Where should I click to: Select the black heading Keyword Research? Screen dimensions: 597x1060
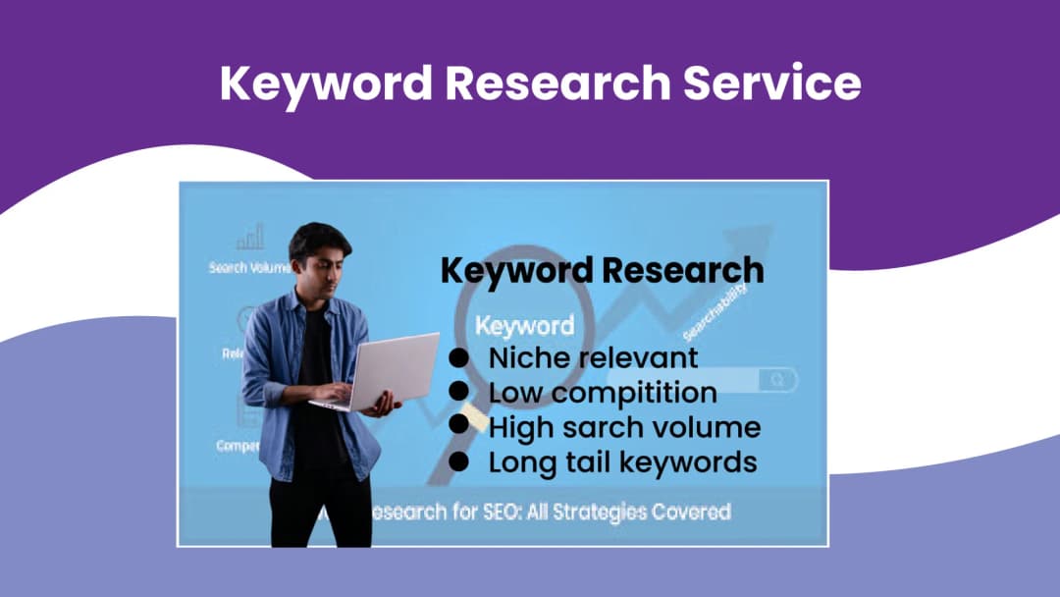click(x=602, y=270)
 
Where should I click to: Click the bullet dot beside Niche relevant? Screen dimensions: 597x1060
click(x=458, y=355)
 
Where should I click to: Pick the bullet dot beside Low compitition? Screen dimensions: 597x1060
click(x=458, y=391)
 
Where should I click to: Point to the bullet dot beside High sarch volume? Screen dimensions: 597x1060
click(x=458, y=425)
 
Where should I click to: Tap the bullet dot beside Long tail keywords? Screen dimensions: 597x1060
click(x=458, y=460)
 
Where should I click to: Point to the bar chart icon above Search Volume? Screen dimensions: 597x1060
click(x=250, y=238)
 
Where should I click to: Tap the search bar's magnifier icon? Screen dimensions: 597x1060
click(x=778, y=379)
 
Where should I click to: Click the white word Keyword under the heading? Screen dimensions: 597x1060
click(x=524, y=325)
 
